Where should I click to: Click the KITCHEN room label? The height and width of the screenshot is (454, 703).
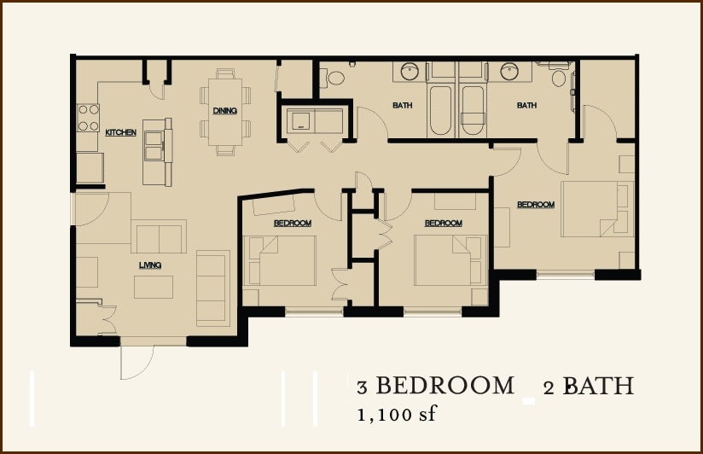coord(120,133)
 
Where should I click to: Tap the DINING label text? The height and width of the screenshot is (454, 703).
coord(224,111)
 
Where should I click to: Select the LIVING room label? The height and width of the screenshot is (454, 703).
coord(150,265)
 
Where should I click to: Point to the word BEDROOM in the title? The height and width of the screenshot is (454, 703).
coord(444,386)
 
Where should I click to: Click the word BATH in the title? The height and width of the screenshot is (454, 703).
coord(598,386)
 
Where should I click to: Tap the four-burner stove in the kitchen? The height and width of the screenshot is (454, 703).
coord(88,118)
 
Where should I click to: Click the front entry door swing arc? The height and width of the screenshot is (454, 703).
coord(137,363)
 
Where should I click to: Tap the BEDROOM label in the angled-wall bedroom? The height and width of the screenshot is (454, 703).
coord(292,224)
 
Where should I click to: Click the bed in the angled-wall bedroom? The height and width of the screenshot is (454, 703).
coord(282,260)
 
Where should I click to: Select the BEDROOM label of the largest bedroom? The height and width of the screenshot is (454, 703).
coord(536,205)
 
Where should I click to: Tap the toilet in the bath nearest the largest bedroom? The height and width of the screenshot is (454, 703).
coord(559,79)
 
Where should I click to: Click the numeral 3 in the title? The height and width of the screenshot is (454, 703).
coord(362,387)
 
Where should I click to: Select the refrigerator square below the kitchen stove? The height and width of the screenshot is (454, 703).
coord(90,168)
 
